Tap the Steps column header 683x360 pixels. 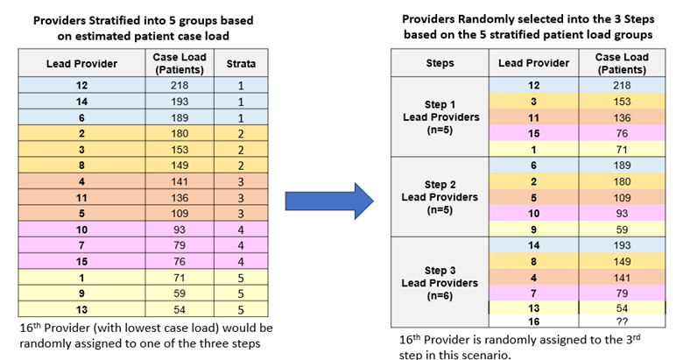coord(439,63)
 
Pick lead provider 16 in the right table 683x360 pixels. coord(533,321)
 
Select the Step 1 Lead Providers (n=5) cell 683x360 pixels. coord(439,116)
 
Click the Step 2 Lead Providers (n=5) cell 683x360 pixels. coord(439,197)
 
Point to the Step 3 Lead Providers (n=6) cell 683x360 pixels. coord(439,282)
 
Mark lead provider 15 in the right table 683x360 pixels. coord(533,133)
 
